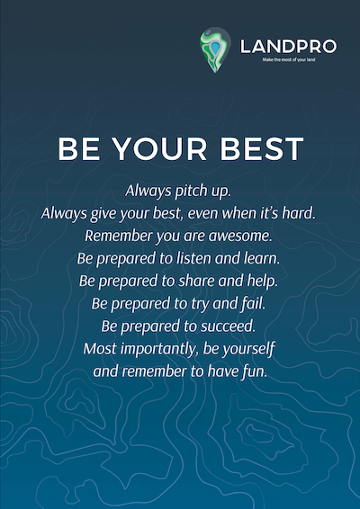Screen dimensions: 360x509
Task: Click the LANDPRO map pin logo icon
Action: tap(215, 49)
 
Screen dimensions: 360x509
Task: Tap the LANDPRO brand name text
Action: tap(289, 47)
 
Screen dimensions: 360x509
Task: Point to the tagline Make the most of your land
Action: tap(289, 59)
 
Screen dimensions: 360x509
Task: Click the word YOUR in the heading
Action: tap(160, 149)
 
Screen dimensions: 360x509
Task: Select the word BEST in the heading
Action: tap(262, 149)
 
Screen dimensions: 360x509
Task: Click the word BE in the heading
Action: tap(79, 149)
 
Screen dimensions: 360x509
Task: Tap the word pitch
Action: tap(188, 192)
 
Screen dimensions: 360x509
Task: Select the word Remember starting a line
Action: tap(119, 236)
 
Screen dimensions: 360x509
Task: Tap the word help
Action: tap(263, 281)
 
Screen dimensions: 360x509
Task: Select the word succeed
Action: tap(228, 326)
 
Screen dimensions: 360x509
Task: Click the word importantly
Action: tap(159, 349)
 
